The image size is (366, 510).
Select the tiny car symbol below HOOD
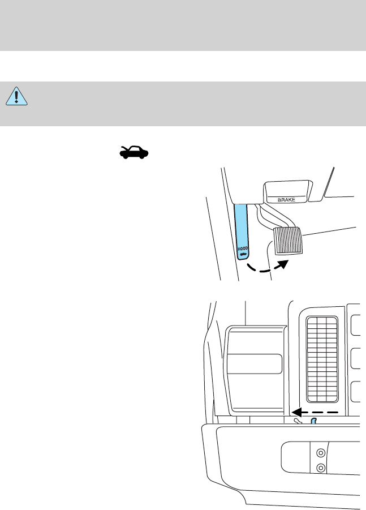243,255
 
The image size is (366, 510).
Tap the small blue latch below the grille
312,421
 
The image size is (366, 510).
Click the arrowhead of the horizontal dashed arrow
297,412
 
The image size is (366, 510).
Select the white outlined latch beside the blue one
298,421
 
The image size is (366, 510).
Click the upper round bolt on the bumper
321,453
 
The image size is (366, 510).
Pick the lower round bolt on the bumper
321,468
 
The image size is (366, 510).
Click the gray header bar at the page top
183,25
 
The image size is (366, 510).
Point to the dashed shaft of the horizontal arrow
322,412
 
